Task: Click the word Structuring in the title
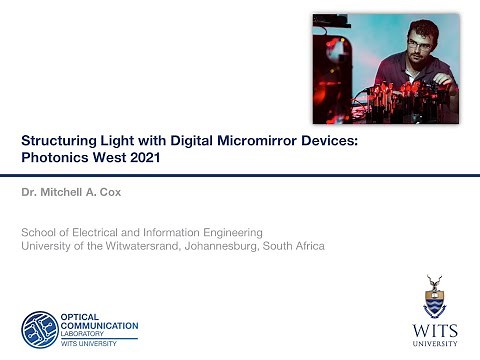58,142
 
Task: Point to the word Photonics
55,158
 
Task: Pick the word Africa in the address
305,245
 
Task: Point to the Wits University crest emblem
434,299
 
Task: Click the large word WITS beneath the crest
434,329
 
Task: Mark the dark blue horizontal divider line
240,174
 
